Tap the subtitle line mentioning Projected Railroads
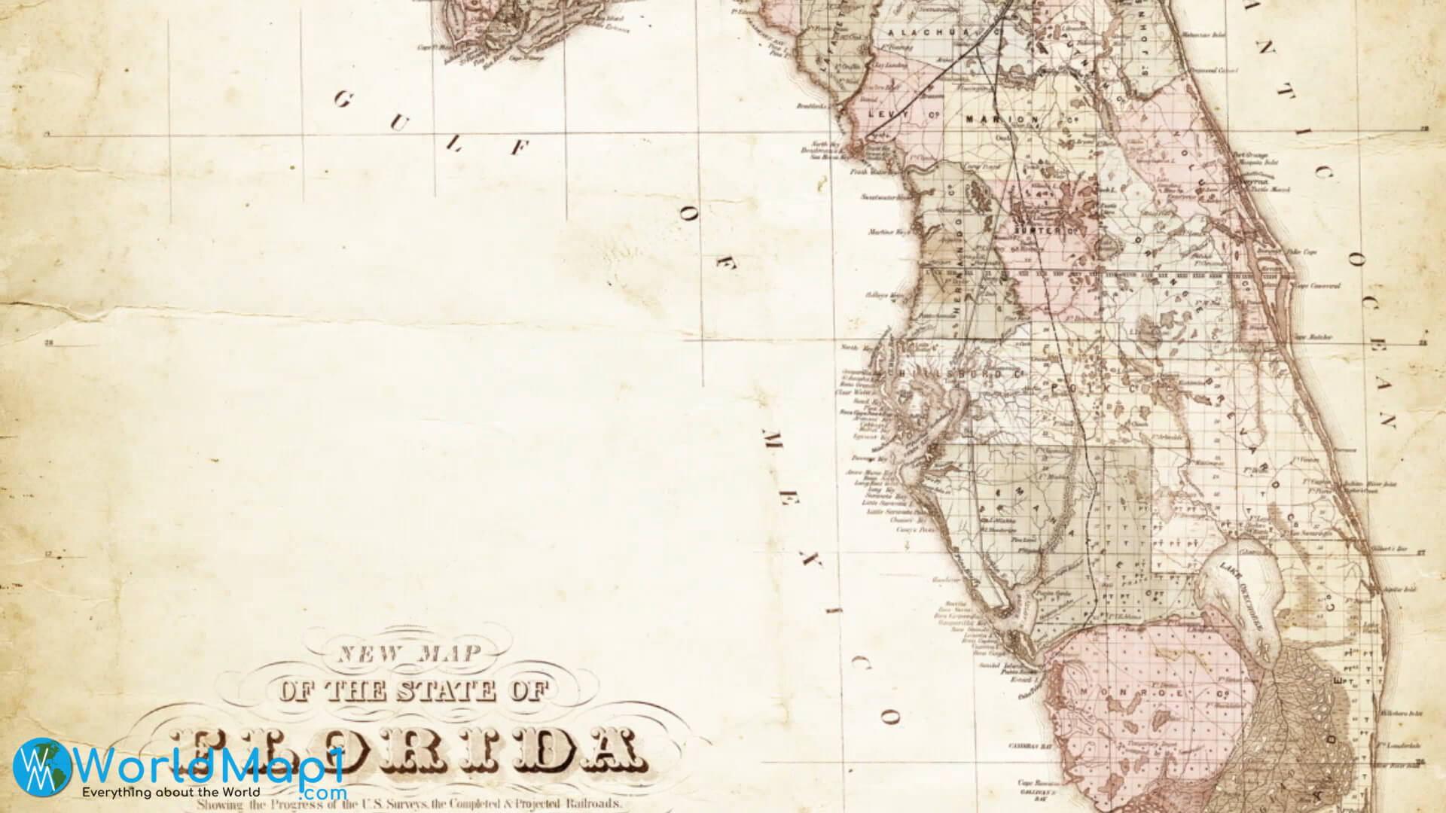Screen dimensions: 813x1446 (x=410, y=804)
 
